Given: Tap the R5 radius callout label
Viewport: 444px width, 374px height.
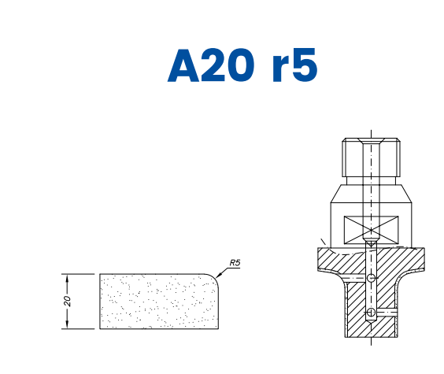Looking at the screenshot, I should [x=235, y=263].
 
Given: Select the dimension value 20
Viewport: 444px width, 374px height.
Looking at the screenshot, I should [x=68, y=302].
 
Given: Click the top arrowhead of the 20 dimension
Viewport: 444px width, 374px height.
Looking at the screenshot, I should [x=68, y=277].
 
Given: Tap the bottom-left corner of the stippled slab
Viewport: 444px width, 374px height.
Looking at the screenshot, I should [x=100, y=328].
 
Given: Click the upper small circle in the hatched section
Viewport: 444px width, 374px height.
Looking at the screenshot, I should [x=370, y=278].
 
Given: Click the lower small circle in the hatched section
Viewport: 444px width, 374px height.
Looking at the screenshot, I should [x=370, y=313].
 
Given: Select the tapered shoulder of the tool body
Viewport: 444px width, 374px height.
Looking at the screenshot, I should [x=370, y=197].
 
